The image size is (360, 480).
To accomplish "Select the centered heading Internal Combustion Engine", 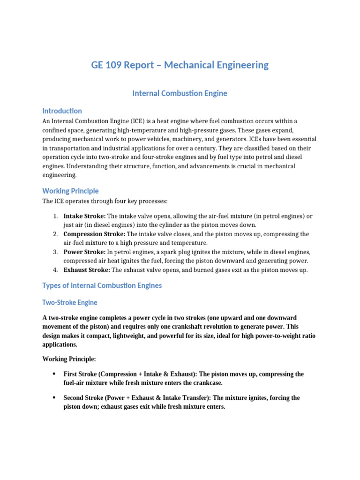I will pos(180,93).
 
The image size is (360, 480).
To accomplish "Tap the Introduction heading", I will pos(62,111).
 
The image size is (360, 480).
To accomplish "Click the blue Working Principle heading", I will pos(70,191).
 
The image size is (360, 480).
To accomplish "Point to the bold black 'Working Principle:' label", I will pos(69,359).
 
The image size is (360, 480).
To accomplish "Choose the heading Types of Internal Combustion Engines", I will pos(102,285).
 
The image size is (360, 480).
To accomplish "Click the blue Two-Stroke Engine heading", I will pos(70,302).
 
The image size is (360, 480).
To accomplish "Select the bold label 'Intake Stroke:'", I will pos(84,216).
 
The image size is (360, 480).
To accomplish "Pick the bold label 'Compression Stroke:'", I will pos(94,234).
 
